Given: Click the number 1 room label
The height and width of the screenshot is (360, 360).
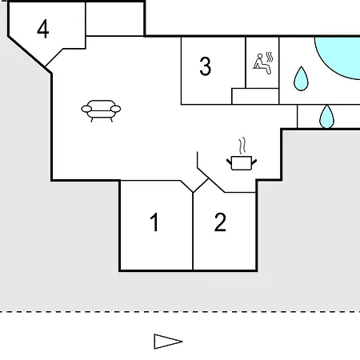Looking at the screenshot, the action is (x=154, y=222).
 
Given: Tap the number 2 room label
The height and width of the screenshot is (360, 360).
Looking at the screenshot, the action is (x=220, y=222).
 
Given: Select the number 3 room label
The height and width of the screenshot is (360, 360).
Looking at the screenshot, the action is (x=206, y=66).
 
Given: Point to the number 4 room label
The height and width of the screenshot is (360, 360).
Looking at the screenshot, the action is (x=43, y=29).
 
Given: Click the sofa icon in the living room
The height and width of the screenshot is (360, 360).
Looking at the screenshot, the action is (x=101, y=110).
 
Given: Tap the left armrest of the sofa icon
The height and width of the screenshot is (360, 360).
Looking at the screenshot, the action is (x=86, y=109).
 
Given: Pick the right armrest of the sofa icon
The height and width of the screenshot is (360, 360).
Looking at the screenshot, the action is (x=116, y=109).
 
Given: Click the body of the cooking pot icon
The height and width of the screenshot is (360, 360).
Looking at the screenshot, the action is (x=242, y=163).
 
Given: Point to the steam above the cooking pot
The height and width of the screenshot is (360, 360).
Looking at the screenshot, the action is (x=242, y=146).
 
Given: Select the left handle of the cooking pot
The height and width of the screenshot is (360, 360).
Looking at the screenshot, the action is (x=229, y=162).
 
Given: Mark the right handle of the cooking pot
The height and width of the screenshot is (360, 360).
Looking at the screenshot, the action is (x=254, y=162).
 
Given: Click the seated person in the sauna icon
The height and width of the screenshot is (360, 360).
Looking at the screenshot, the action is (x=262, y=64).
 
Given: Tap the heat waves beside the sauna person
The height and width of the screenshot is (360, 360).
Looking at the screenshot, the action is (x=270, y=57).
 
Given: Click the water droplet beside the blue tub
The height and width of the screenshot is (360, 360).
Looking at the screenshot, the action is (x=301, y=78).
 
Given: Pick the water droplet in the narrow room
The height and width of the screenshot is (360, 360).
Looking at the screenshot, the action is (x=326, y=117).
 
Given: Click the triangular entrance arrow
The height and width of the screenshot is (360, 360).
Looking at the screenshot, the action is (x=168, y=342).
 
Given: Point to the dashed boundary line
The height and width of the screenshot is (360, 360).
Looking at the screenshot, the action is (x=180, y=311).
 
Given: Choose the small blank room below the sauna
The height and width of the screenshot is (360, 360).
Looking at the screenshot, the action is (x=255, y=96).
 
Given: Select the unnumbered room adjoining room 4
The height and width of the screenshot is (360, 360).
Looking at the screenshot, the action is (x=115, y=19).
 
